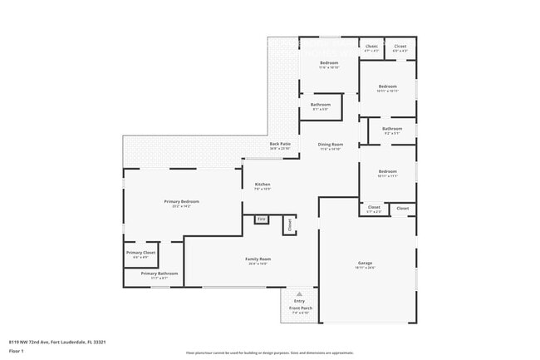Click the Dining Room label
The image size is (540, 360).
pos(330,145)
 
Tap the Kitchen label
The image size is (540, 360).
pos(263,185)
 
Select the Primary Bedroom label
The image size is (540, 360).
pos(181,201)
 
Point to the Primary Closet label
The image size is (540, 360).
pos(140,253)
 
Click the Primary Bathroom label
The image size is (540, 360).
pos(159,274)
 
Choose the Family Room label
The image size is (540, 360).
pos(258,259)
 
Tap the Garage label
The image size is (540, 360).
pos(366,263)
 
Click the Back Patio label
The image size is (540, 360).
pos(280,144)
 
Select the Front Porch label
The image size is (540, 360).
pos(299,308)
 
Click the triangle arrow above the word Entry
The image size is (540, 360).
pos(299,293)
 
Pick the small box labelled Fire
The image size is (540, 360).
pos(260,219)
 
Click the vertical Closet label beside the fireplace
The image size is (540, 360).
pos(289,224)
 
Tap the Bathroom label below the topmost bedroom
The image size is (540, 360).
pos(321,105)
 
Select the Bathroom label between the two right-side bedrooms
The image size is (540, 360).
pos(392,129)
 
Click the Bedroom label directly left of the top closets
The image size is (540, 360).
pos(329,63)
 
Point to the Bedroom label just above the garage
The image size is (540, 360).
pos(387,172)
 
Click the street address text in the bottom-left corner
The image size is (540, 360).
pos(57,341)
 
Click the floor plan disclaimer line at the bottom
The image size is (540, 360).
pos(269,353)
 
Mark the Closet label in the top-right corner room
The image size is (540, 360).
pos(400,47)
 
